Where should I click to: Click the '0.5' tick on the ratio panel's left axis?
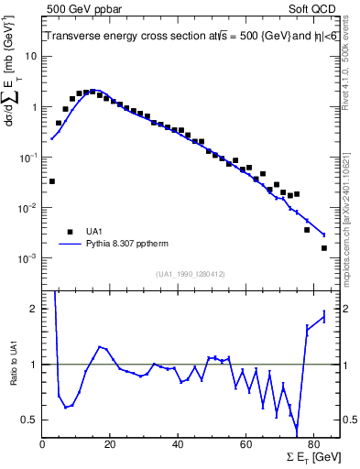(x=30, y=420)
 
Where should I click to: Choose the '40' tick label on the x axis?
(x=178, y=444)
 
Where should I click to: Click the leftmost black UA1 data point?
(x=51, y=181)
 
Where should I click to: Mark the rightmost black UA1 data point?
(x=323, y=248)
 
